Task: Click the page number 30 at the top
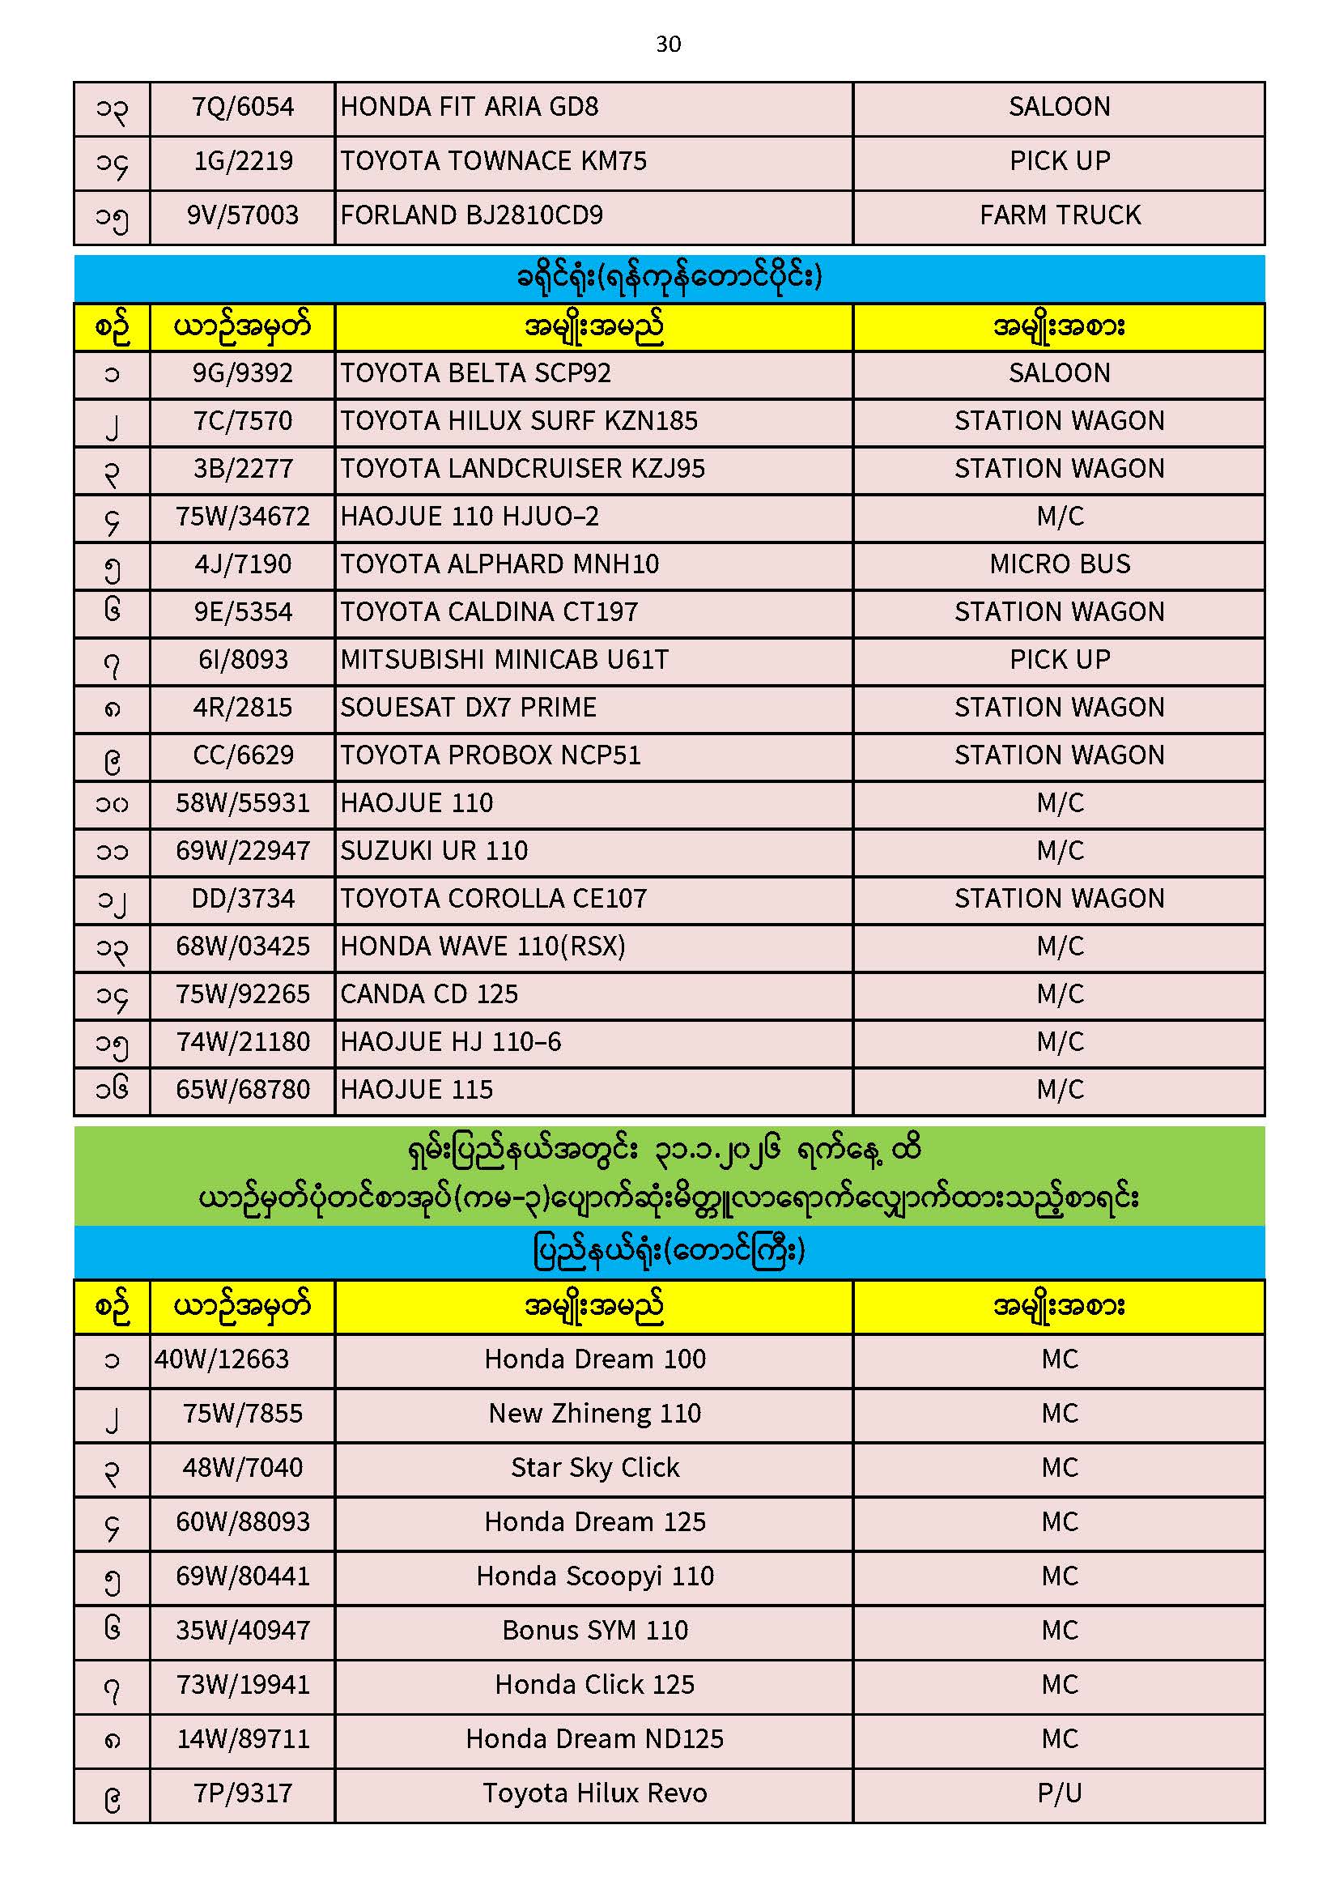coord(668,44)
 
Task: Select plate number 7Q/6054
coord(242,107)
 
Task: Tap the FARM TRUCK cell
coord(1060,215)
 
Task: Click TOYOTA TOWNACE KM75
coord(493,161)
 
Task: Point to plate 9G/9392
coord(242,373)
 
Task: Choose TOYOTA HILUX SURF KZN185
coord(519,421)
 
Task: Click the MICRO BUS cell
coord(1060,564)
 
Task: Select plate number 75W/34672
coord(242,516)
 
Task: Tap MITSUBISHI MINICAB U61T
coord(504,660)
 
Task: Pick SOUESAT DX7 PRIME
coord(467,708)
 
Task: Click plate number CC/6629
coord(242,755)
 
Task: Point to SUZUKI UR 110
coord(434,851)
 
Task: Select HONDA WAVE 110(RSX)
coord(482,946)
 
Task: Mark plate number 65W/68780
coord(242,1090)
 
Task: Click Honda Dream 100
coord(594,1359)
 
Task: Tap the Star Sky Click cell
coord(594,1468)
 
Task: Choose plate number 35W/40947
coord(242,1630)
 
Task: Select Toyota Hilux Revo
coord(594,1793)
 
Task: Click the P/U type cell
coord(1060,1793)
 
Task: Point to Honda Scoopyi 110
coord(594,1576)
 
